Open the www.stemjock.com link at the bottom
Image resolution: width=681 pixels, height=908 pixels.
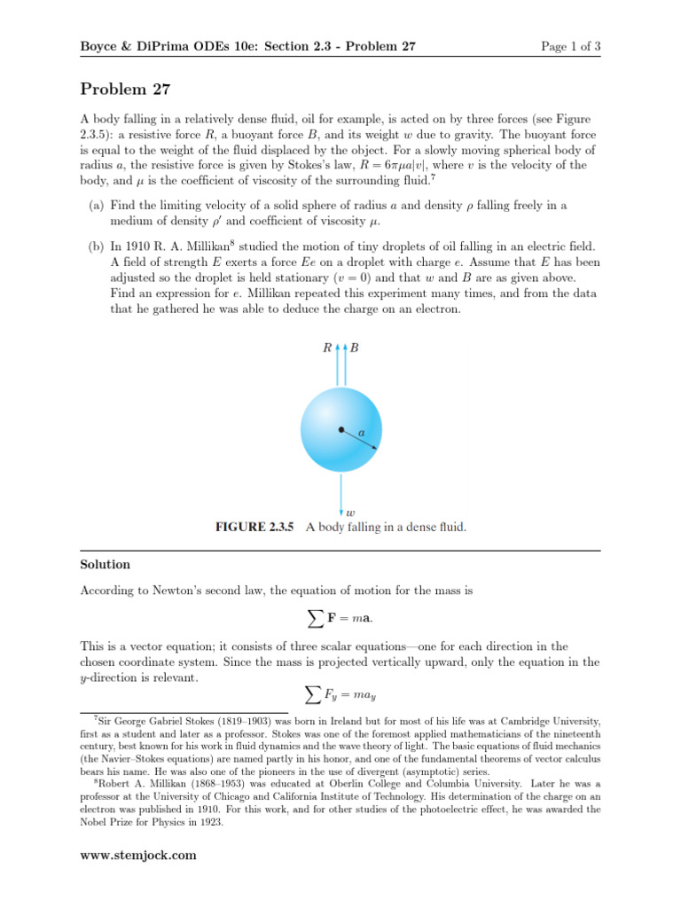(x=138, y=855)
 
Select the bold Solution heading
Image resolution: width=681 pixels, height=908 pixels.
(x=105, y=564)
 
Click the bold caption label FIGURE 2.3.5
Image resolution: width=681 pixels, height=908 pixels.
(x=254, y=527)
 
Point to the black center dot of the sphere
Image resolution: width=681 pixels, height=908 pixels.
(x=340, y=430)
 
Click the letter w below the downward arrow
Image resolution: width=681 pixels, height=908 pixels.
(x=351, y=512)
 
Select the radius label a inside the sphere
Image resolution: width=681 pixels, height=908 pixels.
(x=361, y=433)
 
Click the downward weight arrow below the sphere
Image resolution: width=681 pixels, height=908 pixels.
(x=340, y=492)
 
